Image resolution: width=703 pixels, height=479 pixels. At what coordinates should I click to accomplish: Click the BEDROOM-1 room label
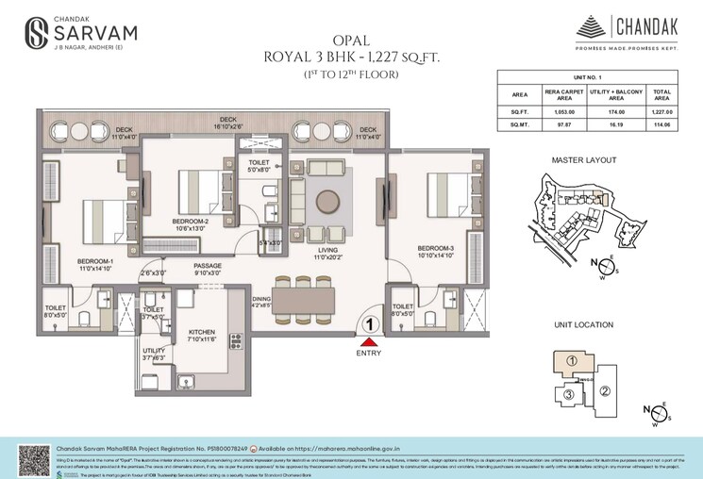click(95, 260)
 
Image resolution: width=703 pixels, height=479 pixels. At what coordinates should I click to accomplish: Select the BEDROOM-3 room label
click(434, 249)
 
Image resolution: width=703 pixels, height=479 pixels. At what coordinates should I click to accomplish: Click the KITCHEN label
click(203, 332)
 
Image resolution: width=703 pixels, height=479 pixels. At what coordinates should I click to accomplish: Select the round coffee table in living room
click(327, 202)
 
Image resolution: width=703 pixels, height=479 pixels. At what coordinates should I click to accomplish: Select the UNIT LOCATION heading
click(583, 325)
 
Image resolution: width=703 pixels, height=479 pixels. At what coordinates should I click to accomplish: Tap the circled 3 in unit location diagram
click(568, 394)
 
